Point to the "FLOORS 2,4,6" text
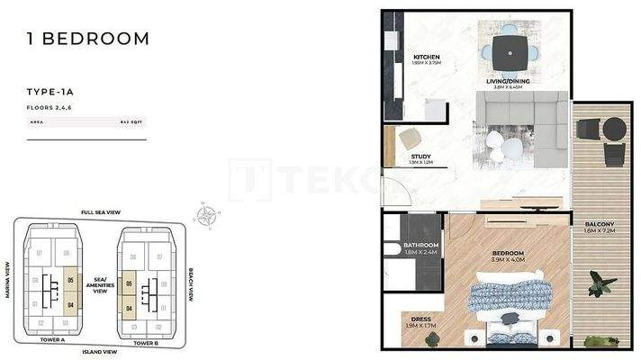click(50, 106)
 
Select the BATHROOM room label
click(420, 246)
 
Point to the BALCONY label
click(598, 224)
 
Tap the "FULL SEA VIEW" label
click(100, 212)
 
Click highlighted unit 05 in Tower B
click(131, 283)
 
